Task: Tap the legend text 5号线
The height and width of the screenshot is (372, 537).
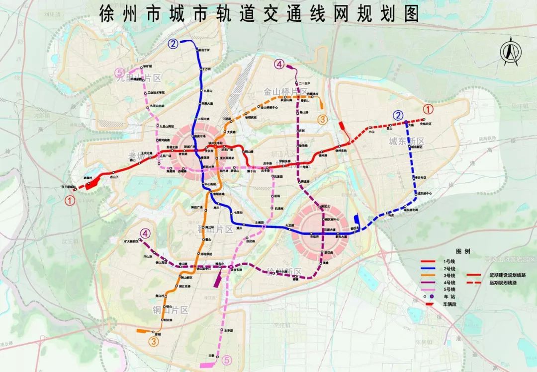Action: click(x=449, y=289)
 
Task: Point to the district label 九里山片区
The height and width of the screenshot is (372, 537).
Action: click(x=139, y=78)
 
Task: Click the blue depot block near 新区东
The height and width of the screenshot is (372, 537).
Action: click(x=357, y=219)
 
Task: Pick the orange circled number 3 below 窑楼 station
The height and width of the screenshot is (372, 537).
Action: click(x=154, y=341)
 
